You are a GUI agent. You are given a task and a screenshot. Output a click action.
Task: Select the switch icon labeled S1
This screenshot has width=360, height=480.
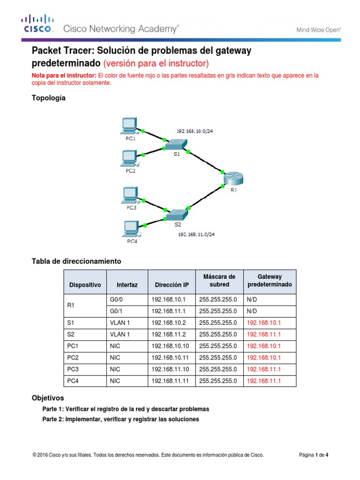coord(176,145)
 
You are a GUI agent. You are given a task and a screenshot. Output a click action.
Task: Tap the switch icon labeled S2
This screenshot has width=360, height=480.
coord(176,215)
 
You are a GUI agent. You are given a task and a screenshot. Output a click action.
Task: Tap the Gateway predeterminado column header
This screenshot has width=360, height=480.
coord(270,281)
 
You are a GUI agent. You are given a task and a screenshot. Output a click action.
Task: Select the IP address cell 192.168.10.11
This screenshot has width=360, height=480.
coord(169,358)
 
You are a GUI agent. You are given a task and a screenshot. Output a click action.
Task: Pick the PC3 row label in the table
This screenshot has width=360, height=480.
coord(73,369)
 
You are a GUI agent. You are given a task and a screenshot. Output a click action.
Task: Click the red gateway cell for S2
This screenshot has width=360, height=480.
coord(263,335)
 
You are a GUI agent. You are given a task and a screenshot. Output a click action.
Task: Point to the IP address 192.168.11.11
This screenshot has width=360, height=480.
coord(169,381)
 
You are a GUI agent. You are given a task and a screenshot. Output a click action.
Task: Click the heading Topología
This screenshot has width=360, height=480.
coord(48,98)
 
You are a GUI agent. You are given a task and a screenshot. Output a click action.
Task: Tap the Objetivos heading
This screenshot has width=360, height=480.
coord(47,398)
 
